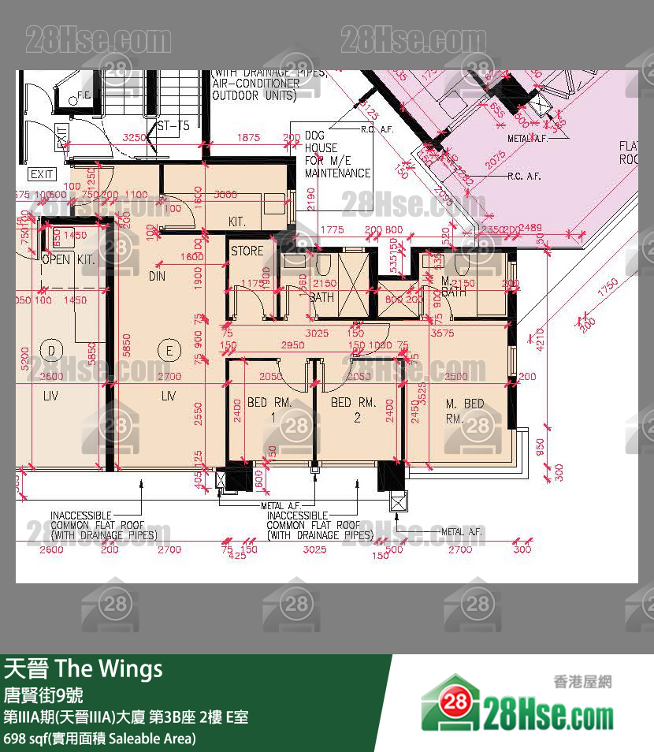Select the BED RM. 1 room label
269,410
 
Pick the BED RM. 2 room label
351,410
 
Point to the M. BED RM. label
465,411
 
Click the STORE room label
247,251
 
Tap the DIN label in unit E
157,277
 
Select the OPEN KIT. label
68,259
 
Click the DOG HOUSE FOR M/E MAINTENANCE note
337,154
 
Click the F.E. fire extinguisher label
84,96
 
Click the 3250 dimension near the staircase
136,137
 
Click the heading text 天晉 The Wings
84,669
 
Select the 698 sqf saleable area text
99,739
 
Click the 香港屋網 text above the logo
582,683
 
